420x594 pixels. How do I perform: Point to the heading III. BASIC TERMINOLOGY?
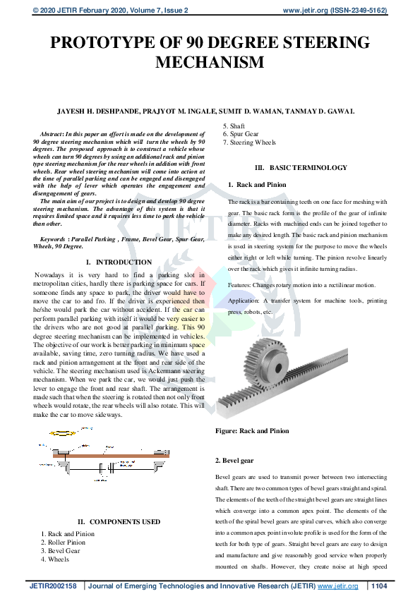(301, 168)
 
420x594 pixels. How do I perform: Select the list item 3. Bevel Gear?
(61, 551)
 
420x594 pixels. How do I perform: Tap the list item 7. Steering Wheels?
(249, 143)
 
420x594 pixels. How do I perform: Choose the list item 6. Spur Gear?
(241, 134)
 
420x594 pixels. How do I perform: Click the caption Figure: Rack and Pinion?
(252, 430)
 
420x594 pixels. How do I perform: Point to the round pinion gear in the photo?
(264, 363)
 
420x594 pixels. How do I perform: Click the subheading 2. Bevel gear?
(234, 460)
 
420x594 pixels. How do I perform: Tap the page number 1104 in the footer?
(379, 586)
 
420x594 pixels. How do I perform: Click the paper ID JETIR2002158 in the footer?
(52, 586)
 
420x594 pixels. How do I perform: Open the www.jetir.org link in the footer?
(338, 586)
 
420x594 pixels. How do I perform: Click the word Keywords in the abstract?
(56, 241)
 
